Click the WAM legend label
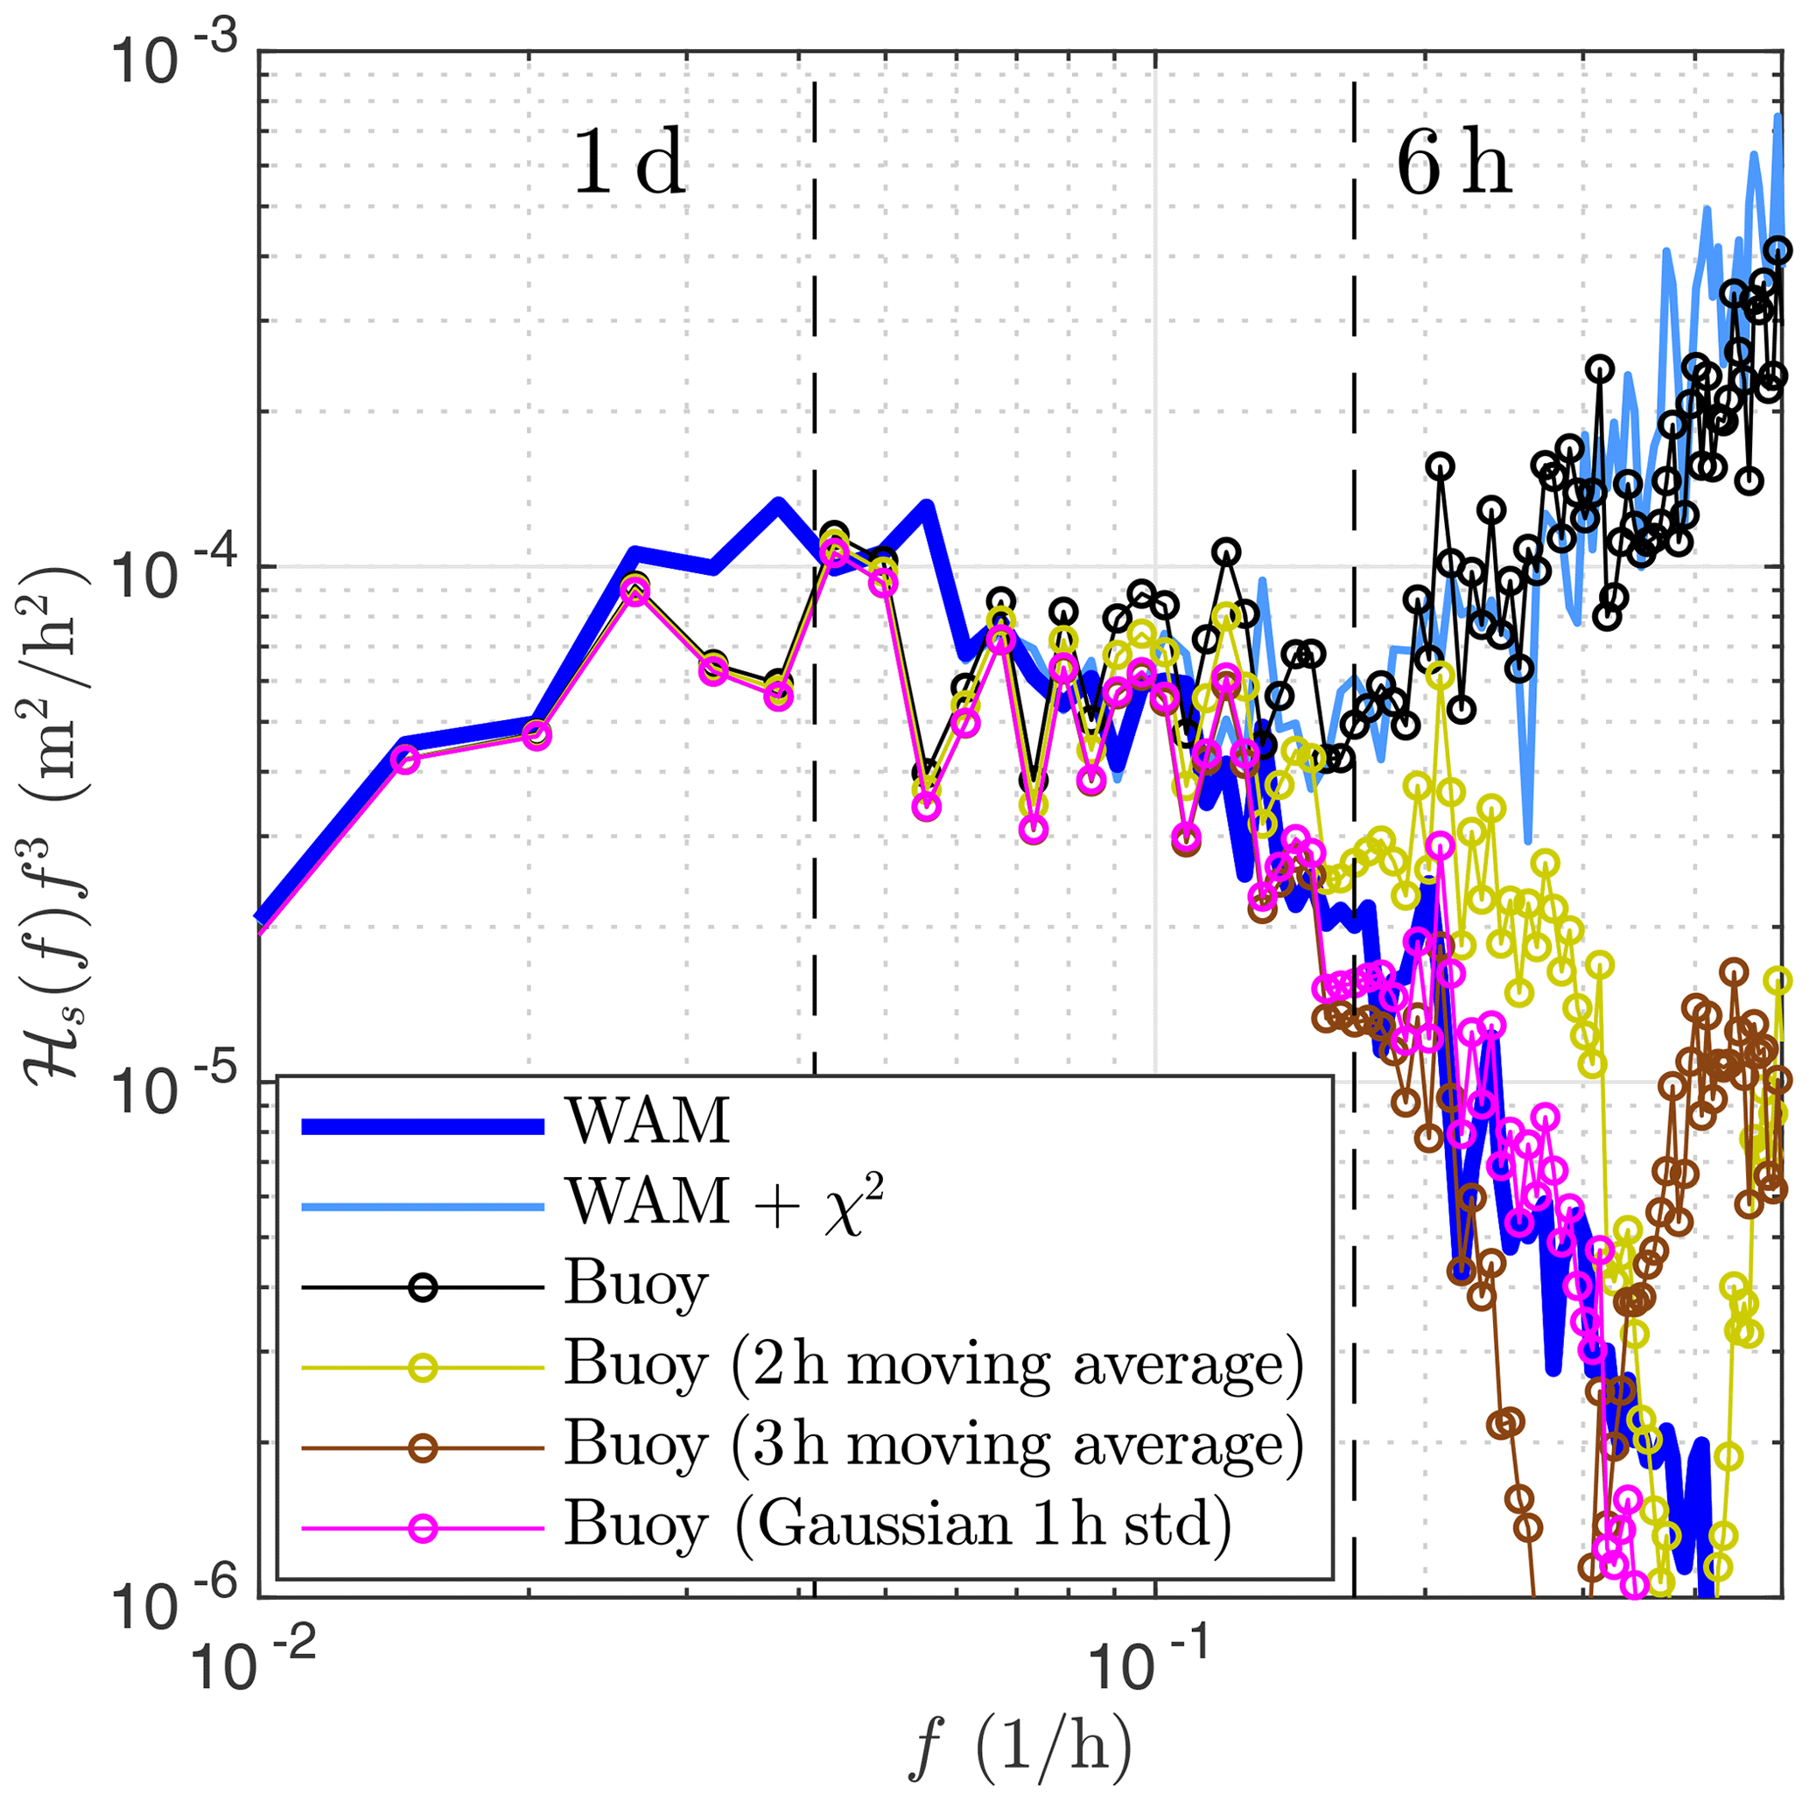pyautogui.click(x=647, y=1119)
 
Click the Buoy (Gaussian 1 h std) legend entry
pyautogui.click(x=897, y=1527)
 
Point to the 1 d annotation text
pyautogui.click(x=629, y=163)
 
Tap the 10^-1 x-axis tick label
pyautogui.click(x=1153, y=1666)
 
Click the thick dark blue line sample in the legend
pyautogui.click(x=424, y=1126)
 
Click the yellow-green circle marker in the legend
pyautogui.click(x=424, y=1368)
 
